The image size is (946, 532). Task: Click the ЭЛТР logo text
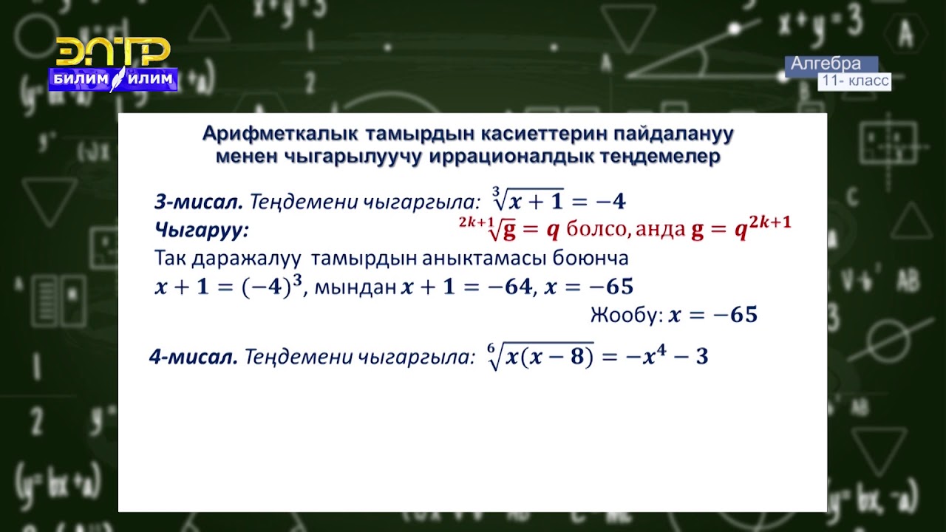(113, 52)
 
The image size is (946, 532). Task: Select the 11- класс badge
(854, 81)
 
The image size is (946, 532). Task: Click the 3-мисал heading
(198, 201)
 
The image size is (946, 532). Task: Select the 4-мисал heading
(193, 358)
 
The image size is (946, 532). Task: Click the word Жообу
(625, 316)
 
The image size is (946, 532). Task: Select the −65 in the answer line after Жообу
(734, 316)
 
